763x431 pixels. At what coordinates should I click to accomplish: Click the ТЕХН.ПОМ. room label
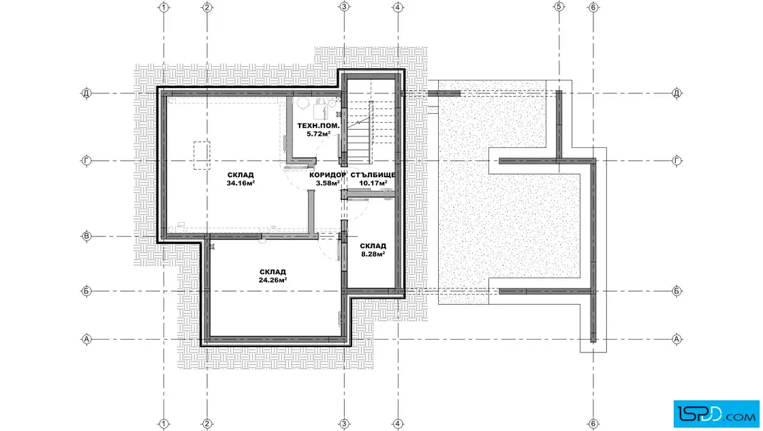(318, 125)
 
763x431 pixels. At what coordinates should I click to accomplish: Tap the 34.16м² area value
(240, 183)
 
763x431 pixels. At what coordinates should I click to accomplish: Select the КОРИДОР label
(328, 175)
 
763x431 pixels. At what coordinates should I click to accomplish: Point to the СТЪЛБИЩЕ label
(373, 175)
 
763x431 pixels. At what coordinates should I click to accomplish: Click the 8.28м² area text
(373, 254)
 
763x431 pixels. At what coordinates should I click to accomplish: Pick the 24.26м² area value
(272, 280)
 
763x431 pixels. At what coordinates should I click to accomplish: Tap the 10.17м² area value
(373, 183)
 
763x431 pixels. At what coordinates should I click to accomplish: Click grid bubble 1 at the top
(164, 8)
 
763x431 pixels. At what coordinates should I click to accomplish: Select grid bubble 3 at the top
(344, 8)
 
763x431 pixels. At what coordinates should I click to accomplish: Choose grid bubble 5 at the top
(559, 8)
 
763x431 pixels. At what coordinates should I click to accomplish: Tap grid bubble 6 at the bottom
(593, 423)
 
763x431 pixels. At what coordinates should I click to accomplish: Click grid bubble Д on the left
(87, 93)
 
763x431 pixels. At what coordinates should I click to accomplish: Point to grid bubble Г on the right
(676, 161)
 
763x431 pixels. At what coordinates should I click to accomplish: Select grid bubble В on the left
(87, 237)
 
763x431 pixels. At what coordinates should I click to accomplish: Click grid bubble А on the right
(676, 339)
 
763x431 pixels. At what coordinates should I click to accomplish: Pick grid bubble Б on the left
(87, 291)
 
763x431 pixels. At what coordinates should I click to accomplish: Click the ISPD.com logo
(716, 414)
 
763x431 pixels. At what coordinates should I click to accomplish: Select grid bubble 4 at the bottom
(398, 423)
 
